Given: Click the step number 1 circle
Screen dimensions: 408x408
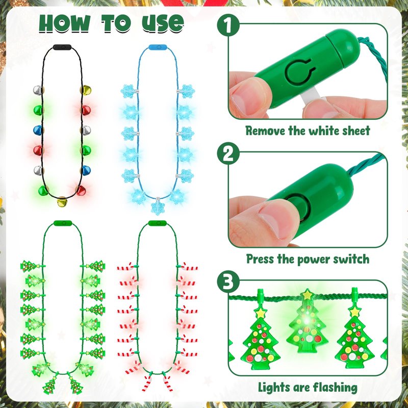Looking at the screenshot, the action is click(x=228, y=25).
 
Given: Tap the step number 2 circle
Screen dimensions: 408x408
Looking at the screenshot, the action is click(x=228, y=154).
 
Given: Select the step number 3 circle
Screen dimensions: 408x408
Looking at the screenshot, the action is click(x=228, y=282).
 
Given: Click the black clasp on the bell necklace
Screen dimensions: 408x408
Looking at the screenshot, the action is click(x=62, y=47).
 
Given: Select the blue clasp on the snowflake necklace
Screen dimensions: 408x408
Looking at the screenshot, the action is click(x=158, y=47).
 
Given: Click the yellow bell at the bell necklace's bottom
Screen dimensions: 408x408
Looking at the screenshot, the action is click(x=62, y=201).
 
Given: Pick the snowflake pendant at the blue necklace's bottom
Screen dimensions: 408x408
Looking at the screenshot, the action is click(x=158, y=208).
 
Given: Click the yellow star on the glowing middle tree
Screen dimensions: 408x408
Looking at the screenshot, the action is click(x=308, y=295).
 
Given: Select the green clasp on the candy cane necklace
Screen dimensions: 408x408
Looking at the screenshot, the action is click(x=157, y=223).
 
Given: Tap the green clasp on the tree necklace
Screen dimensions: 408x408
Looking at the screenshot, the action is click(x=63, y=223).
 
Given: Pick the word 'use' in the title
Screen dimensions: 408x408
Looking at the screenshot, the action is click(x=163, y=24).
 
